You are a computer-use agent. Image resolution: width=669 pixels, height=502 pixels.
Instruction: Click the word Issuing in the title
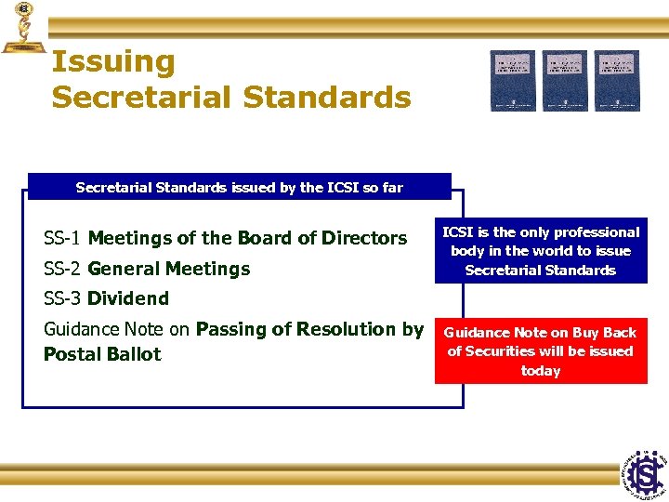click(113, 63)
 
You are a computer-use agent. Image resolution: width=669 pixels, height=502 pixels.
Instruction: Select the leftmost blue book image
click(513, 80)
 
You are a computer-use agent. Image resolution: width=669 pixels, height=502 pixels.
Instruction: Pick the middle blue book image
click(565, 80)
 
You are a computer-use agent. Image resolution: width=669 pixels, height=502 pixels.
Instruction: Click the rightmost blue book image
click(617, 80)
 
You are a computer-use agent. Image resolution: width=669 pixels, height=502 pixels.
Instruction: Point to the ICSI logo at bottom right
click(643, 473)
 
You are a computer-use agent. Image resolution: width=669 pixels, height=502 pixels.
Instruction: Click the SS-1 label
click(63, 238)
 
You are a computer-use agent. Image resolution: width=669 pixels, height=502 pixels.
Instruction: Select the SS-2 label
click(63, 269)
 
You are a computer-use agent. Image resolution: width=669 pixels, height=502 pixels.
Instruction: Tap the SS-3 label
click(63, 298)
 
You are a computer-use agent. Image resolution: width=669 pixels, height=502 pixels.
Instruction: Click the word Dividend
click(128, 298)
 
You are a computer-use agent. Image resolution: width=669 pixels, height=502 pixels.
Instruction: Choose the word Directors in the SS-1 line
click(364, 238)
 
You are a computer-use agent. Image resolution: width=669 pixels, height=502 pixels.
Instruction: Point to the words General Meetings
click(169, 269)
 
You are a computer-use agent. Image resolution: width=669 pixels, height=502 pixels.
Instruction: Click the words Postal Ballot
click(102, 354)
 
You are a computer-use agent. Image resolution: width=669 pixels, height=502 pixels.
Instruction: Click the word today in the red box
click(541, 371)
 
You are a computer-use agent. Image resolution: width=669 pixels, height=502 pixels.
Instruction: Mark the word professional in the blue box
click(588, 232)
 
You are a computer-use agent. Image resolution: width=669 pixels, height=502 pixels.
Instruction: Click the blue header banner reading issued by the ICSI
click(239, 187)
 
